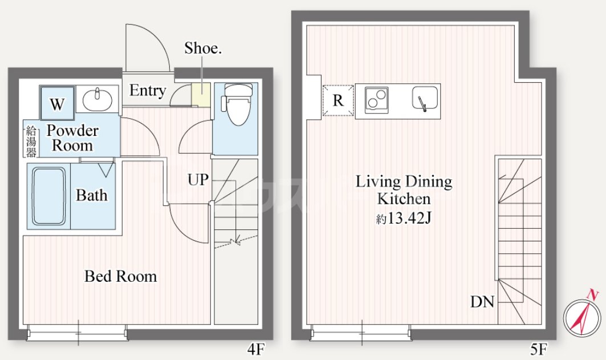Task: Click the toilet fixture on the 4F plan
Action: (x=236, y=104)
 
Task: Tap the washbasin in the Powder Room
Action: (x=97, y=99)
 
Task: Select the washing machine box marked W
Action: (x=57, y=103)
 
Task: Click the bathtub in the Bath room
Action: (x=48, y=196)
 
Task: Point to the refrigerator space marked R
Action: (x=338, y=100)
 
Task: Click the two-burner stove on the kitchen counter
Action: (x=376, y=100)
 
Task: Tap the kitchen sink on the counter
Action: (x=425, y=98)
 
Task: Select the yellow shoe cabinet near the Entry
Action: (x=201, y=94)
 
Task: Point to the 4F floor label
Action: (x=256, y=350)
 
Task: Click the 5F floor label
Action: (x=539, y=350)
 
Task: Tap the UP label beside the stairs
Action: (x=198, y=179)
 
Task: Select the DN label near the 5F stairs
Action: (x=482, y=302)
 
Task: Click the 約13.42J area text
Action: (x=404, y=219)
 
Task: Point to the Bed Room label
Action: (x=121, y=277)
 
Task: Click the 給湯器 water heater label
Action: (x=31, y=141)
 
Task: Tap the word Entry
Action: (x=148, y=91)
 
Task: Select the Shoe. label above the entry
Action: (x=203, y=48)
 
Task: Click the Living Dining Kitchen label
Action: (x=404, y=190)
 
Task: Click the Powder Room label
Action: (x=72, y=138)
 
